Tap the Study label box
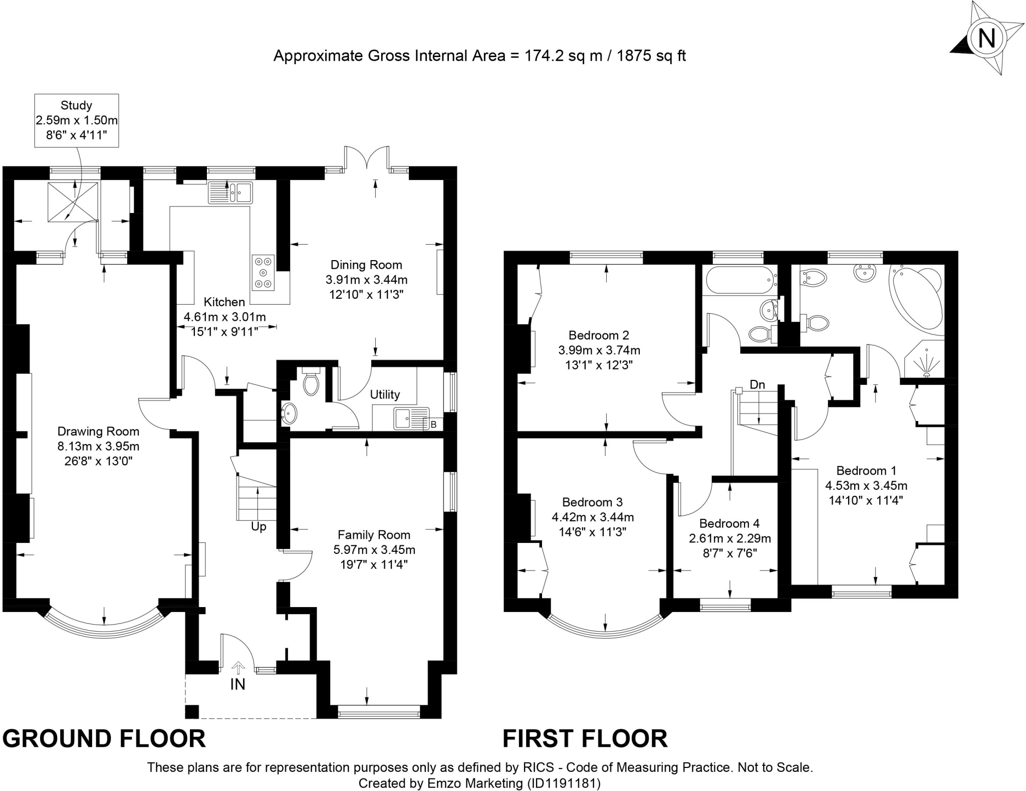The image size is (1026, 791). (x=77, y=120)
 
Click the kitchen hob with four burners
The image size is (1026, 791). (x=264, y=273)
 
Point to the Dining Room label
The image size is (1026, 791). (x=366, y=265)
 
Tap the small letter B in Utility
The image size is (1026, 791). (x=433, y=425)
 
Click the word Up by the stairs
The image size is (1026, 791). (x=259, y=527)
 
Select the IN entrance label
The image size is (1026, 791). (x=237, y=684)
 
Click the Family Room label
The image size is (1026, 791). (x=374, y=535)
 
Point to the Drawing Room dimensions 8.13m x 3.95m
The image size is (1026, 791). (x=98, y=446)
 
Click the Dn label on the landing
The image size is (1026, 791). (x=757, y=384)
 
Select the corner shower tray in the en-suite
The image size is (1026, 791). (x=925, y=359)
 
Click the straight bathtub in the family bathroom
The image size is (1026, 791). (x=740, y=280)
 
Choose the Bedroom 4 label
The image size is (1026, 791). (x=729, y=523)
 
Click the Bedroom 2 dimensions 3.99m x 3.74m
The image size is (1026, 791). (x=599, y=350)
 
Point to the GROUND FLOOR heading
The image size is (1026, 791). (x=104, y=738)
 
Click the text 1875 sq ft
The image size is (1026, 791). (x=651, y=56)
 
